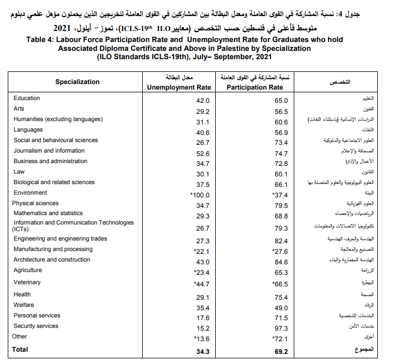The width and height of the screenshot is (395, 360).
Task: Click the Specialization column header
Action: pos(77,82)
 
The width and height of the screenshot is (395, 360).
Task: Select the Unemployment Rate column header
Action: pos(179,87)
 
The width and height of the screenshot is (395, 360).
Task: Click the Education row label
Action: pos(27,98)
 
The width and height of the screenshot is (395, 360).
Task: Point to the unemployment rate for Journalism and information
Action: pos(202,153)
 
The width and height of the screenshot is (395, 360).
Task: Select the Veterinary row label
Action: pos(28,282)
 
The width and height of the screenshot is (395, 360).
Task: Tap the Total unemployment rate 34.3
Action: pos(202,351)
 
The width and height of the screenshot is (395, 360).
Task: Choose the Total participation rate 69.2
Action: pos(281,351)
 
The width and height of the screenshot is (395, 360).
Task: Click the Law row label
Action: pos(19,171)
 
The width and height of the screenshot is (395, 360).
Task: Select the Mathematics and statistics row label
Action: pos(48,213)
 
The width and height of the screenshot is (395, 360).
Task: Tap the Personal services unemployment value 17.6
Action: pos(202,318)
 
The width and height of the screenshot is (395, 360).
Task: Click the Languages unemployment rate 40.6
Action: pos(202,133)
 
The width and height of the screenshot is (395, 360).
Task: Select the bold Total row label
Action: pos(20,349)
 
